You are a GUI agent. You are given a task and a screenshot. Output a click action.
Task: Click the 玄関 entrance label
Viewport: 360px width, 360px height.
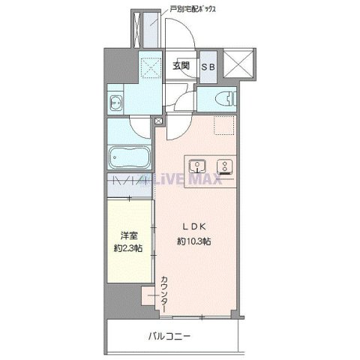point(181,65)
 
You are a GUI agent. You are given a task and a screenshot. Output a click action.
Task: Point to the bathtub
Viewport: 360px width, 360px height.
point(130,157)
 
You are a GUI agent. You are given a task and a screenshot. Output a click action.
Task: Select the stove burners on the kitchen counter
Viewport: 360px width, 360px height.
point(223,166)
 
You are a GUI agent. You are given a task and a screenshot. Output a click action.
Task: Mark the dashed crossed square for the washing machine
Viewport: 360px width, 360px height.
point(154,69)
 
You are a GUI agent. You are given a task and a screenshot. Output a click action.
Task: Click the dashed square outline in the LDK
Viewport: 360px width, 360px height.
point(223,127)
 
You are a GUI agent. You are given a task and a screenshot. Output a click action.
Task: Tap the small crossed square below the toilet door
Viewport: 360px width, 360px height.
point(158,119)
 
